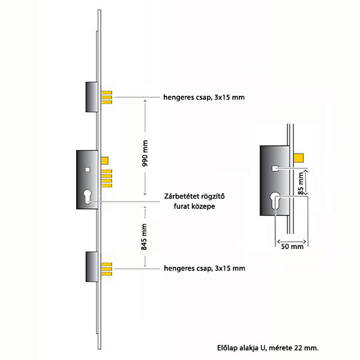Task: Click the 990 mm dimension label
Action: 145,153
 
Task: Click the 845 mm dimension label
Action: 144,237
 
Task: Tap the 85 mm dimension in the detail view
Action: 301,183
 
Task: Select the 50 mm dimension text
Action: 292,247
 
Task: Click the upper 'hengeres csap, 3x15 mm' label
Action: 204,97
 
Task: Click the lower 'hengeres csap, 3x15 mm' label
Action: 205,268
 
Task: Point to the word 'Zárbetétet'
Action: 181,196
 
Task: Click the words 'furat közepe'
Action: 194,206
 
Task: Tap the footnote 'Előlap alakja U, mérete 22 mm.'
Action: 268,348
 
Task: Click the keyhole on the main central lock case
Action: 88,197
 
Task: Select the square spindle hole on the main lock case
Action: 87,169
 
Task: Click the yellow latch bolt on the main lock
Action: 104,160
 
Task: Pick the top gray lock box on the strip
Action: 92,97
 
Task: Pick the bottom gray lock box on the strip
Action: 92,267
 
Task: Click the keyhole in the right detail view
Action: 275,200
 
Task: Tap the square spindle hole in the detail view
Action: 275,168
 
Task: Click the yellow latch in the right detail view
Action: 299,158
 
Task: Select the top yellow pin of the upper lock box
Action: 107,93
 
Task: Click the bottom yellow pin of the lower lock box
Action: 107,274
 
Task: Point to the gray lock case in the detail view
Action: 275,181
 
